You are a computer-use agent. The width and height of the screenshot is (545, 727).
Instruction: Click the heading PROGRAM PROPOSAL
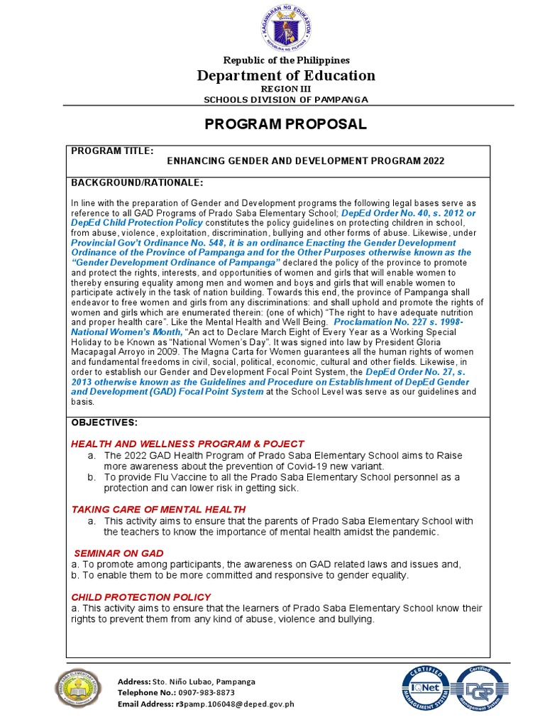point(286,125)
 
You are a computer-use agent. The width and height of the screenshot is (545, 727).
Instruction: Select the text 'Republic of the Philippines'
point(286,61)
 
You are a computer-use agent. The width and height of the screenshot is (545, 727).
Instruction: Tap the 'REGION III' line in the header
point(286,89)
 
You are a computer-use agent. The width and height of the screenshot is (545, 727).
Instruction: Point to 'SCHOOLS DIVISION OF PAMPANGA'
point(286,100)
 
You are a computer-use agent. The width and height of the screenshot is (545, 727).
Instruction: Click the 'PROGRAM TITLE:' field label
point(111,151)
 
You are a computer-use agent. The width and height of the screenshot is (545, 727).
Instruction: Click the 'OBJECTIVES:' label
point(104,423)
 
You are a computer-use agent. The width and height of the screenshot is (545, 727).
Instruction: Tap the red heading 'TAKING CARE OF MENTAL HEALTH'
point(159,509)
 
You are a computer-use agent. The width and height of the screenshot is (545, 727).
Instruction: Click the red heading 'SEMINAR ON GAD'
point(119,553)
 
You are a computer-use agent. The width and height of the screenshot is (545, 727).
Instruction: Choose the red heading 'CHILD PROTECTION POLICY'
point(141,597)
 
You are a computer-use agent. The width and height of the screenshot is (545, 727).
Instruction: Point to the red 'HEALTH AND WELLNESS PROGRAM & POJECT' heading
point(187,444)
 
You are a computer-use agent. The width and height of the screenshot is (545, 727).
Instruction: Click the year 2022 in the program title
point(432,161)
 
